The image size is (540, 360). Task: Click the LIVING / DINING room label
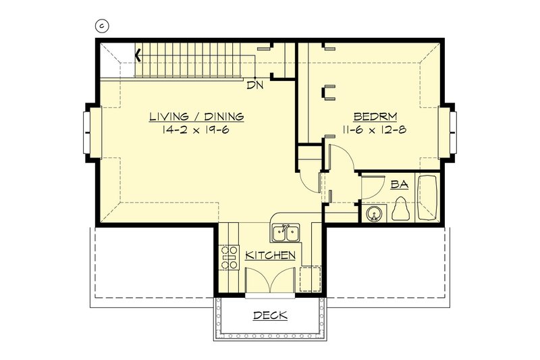click(196, 117)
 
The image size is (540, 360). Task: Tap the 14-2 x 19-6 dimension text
click(196, 130)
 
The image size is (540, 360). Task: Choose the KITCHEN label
click(270, 255)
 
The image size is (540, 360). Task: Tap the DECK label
click(270, 315)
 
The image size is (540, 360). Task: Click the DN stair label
click(254, 85)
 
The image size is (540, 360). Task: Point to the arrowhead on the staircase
click(139, 55)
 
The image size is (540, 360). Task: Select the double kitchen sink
click(286, 234)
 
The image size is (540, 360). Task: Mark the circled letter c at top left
click(103, 26)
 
